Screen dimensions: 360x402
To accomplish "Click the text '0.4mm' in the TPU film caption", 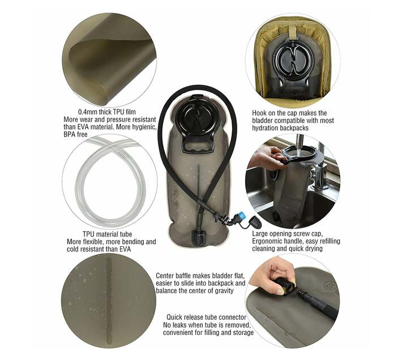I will (x=88, y=112).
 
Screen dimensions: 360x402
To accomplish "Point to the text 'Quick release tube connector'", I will (x=206, y=317).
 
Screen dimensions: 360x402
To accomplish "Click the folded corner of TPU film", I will (x=93, y=48).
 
